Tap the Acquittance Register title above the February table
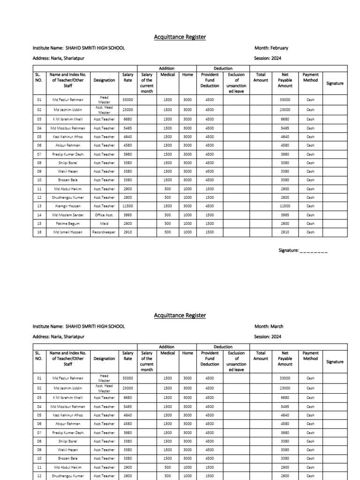[x=180, y=37]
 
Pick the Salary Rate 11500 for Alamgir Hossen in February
[x=127, y=206]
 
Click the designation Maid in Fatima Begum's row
[x=104, y=224]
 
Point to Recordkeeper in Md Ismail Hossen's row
[x=104, y=232]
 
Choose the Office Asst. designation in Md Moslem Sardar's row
[x=104, y=215]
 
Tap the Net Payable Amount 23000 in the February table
[x=285, y=110]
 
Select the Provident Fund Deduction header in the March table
[x=210, y=359]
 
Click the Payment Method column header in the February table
[x=310, y=77]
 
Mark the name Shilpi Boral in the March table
[x=67, y=441]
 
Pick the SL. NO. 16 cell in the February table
[x=39, y=232]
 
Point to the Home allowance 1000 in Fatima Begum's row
[x=187, y=224]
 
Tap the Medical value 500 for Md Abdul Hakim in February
[x=167, y=188]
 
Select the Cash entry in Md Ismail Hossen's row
[x=310, y=232]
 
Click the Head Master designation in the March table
[x=104, y=378]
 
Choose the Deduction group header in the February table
[x=223, y=68]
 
